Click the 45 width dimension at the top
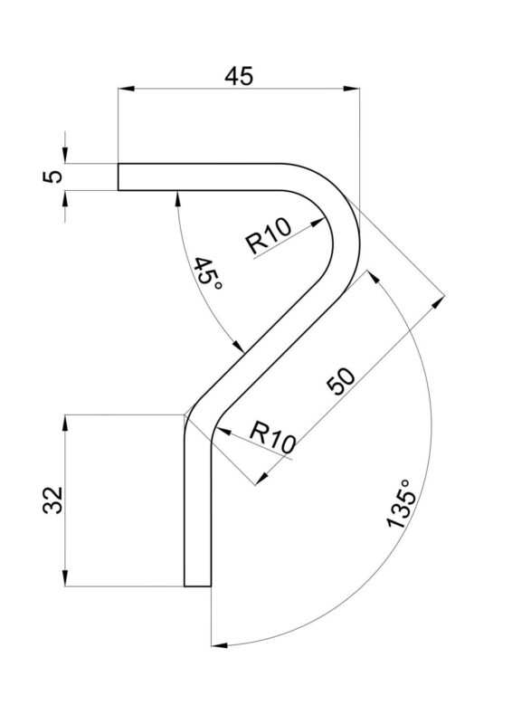[x=239, y=76]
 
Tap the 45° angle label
[x=208, y=273]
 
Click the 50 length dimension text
[x=341, y=381]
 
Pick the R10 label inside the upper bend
[x=270, y=235]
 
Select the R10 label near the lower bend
[x=272, y=438]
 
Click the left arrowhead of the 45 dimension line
[x=126, y=88]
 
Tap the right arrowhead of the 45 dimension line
[x=351, y=88]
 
